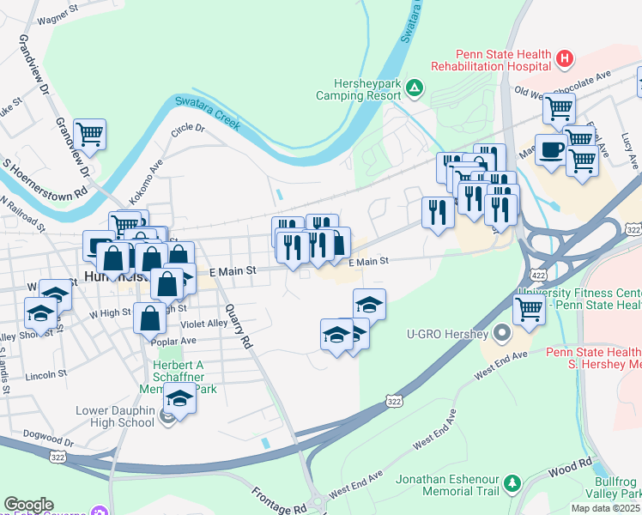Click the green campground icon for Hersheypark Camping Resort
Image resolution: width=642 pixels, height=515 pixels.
pos(415,86)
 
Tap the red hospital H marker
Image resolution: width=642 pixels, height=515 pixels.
pos(564,59)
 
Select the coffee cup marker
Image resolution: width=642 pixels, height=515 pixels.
pos(551,148)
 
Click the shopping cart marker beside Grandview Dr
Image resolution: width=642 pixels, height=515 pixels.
pos(89,134)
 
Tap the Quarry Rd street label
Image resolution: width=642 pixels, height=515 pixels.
pos(240,327)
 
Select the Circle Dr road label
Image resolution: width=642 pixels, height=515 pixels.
pos(188,129)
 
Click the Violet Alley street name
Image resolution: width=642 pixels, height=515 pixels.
pos(205,324)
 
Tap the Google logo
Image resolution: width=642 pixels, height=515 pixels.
pos(28,505)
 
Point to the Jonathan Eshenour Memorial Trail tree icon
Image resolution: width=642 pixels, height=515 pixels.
pos(512,482)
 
